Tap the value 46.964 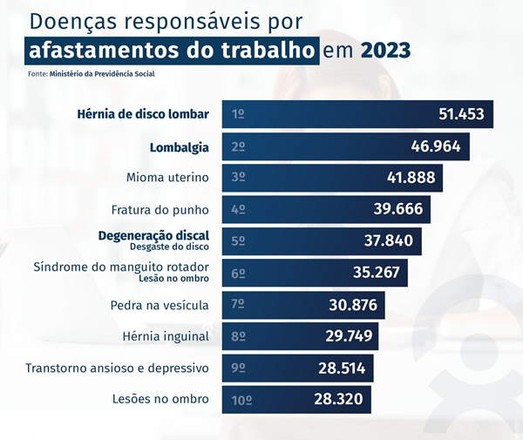[435, 146]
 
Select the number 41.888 [411, 178]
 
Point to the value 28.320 [338, 400]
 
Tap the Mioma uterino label [167, 178]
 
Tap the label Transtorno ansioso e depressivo [118, 368]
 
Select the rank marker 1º [238, 114]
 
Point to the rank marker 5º [238, 241]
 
